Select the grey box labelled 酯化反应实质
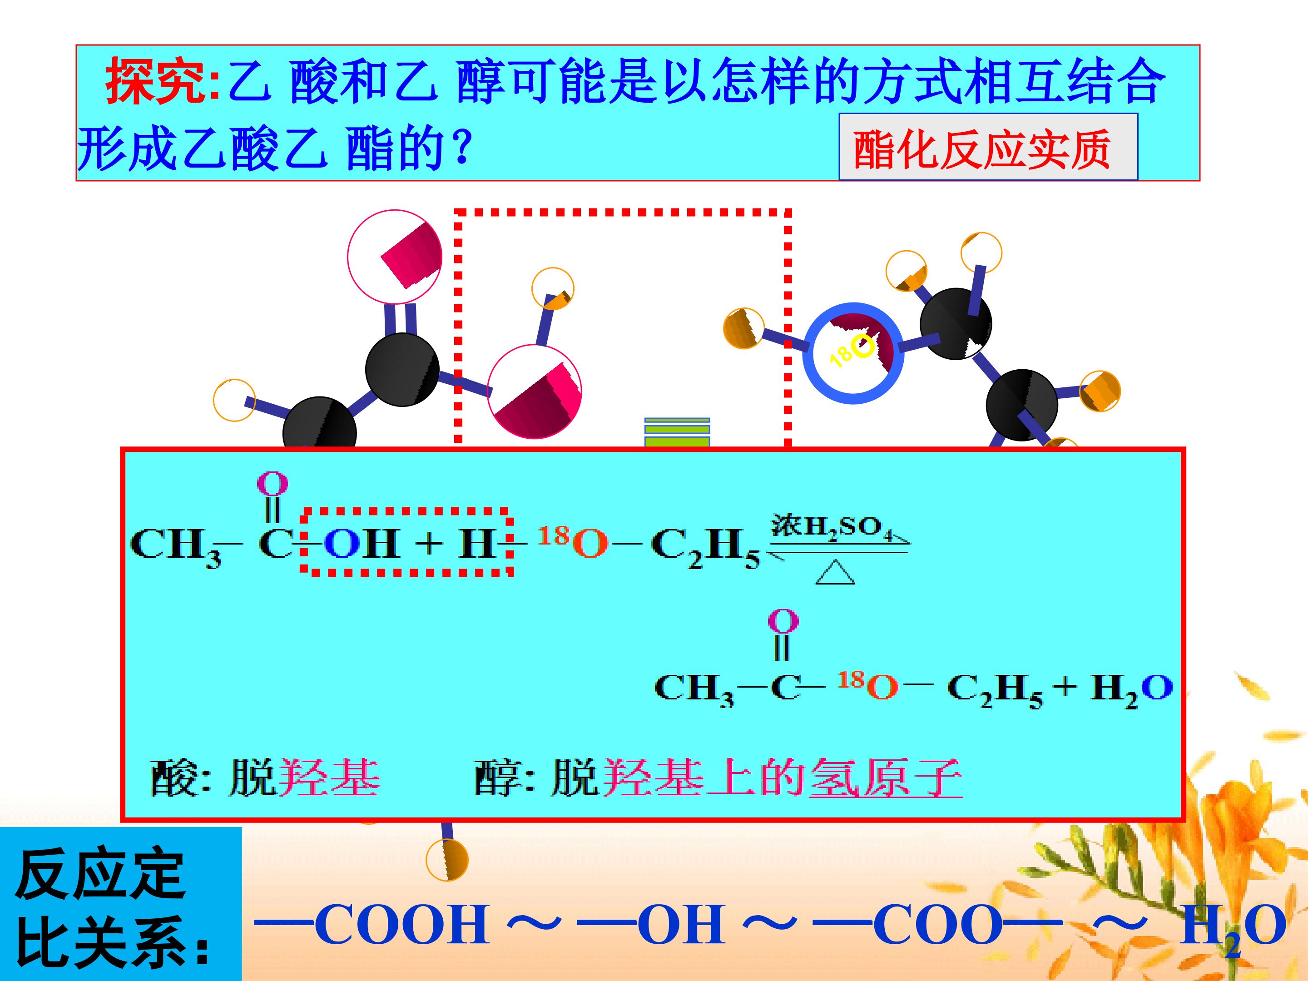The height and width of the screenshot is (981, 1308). coord(988,147)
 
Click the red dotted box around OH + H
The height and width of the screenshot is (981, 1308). coord(406,540)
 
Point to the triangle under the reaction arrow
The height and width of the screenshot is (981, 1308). coord(836,572)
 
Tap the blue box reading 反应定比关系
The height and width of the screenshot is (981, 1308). coord(121,903)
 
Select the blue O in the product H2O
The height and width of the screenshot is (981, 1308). coord(1157,687)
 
